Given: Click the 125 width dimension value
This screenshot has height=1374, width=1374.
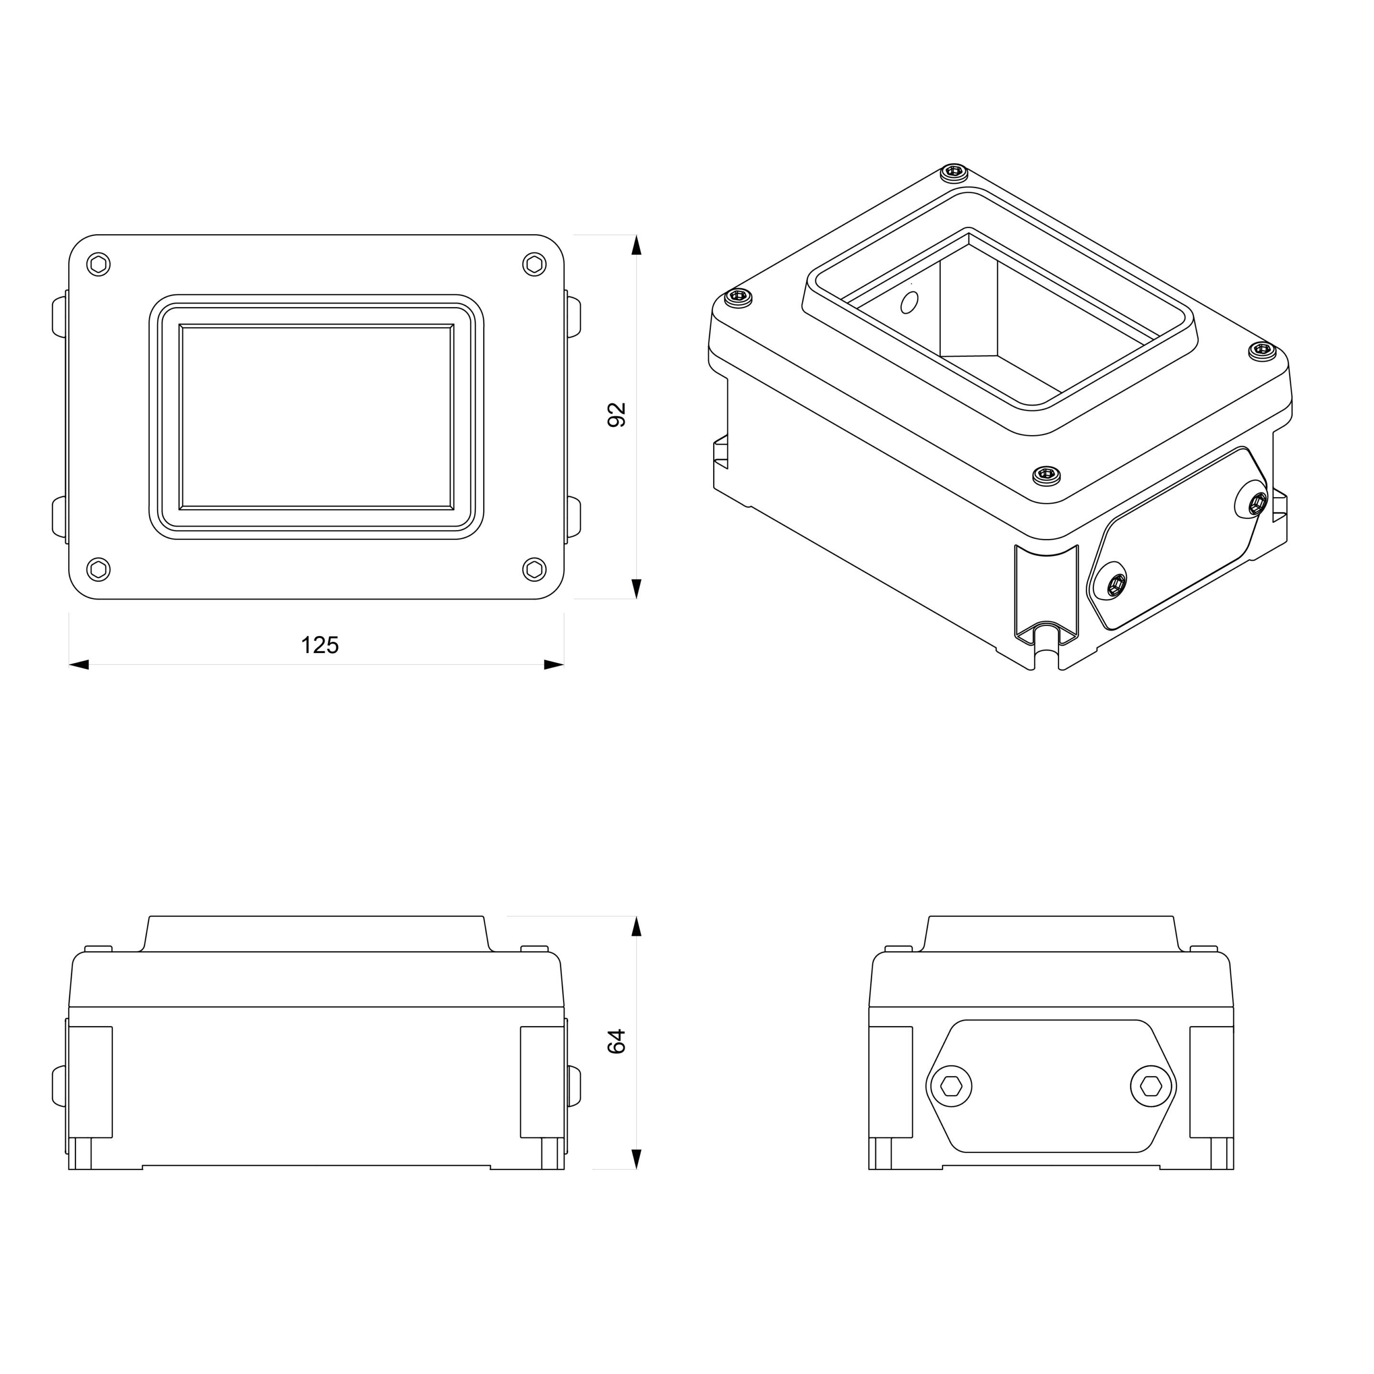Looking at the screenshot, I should [x=319, y=645].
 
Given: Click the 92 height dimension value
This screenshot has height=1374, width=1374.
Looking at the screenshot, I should [x=616, y=415].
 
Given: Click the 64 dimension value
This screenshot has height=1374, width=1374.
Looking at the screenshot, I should [x=616, y=1041].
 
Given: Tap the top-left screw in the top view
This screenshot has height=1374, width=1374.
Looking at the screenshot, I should [x=99, y=265].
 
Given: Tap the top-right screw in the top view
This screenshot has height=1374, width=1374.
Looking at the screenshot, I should [x=534, y=265].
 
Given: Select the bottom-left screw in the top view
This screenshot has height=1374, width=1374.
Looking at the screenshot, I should [x=99, y=569].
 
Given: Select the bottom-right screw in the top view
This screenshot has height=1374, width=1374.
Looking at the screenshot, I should [x=534, y=569].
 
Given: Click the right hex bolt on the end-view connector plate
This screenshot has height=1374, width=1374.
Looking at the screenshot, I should [x=1151, y=1086].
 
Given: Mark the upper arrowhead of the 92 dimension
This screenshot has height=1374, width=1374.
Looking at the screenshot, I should [x=636, y=245].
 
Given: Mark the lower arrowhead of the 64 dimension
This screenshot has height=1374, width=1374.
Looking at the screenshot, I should [x=636, y=1158].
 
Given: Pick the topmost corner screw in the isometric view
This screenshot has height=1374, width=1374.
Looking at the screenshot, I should [x=954, y=171].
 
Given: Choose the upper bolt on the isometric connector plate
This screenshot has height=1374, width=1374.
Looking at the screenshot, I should [x=1257, y=503].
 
